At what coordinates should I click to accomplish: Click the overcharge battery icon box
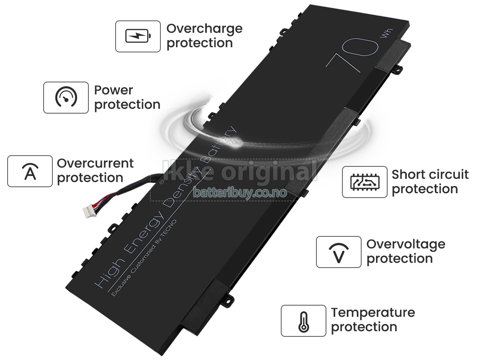coord(138,36)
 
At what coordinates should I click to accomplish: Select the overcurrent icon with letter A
coord(30,171)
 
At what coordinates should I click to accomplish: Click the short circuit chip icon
coord(365,182)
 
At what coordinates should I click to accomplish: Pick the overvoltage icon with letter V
coord(338,252)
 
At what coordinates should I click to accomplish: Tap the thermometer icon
coord(304,321)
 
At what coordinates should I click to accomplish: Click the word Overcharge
coord(204,29)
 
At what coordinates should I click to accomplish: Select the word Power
coord(114,90)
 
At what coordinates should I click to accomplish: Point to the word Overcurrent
coord(95,163)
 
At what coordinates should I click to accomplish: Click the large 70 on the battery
coord(352,55)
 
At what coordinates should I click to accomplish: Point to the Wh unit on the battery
coord(386,33)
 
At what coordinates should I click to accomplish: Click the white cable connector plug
coord(90,211)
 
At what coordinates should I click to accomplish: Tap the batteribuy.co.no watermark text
coord(240,192)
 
